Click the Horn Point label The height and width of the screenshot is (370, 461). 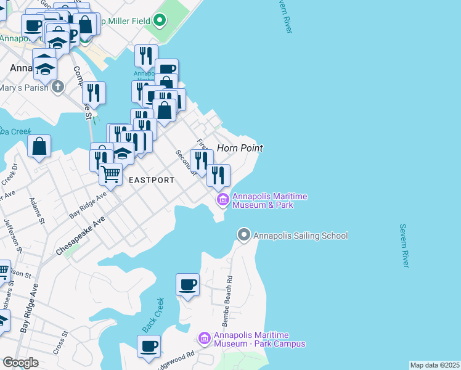tap(240, 148)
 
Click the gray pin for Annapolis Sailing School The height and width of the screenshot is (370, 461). tap(244, 235)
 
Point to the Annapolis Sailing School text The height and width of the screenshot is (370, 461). tap(301, 236)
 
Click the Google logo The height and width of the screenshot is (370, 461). tap(20, 363)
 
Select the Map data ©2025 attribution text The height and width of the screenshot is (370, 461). tap(434, 365)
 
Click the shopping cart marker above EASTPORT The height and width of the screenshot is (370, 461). tap(111, 174)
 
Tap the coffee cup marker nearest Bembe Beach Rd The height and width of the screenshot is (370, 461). tap(187, 285)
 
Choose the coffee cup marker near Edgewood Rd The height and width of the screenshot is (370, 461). tap(149, 346)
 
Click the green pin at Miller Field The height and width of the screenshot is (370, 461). tap(160, 20)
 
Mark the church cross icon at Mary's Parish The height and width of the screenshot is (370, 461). tap(58, 87)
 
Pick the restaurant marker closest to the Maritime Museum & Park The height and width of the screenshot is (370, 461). tap(218, 176)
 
